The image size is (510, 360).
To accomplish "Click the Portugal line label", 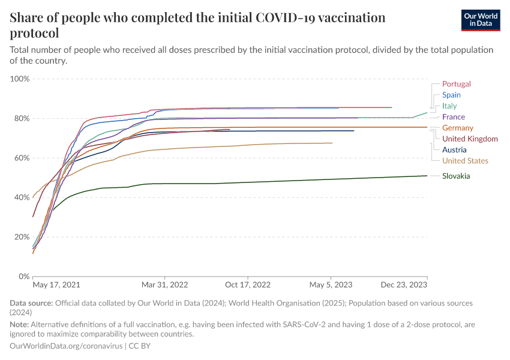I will coord(456,84).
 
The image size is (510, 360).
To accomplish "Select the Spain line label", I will coord(451,95).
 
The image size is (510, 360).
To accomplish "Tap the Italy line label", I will coord(449,106).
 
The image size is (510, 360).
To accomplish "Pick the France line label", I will coord(453,117).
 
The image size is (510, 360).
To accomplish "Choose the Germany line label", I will coord(457,128).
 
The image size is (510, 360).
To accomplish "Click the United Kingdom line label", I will coord(470,139).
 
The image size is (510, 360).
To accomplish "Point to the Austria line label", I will coord(454,150).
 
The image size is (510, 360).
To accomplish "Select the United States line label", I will coord(465,161).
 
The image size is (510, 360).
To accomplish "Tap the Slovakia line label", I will coord(456,176).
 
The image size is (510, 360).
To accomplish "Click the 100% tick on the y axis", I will coord(20,79).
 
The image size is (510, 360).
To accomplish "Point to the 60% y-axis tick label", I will coord(22,158).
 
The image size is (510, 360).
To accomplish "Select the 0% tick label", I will coord(24,277).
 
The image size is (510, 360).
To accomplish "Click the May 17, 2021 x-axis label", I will coord(56,285).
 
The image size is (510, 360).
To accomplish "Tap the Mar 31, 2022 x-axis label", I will coord(166,285).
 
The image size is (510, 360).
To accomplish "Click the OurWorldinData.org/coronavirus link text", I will coord(66,346).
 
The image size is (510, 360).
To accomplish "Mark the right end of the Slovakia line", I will coord(427,176).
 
